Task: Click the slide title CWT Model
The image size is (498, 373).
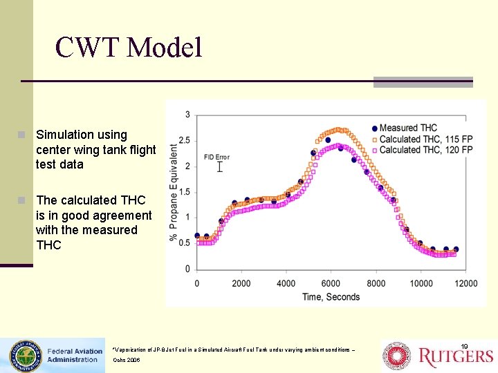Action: (129, 48)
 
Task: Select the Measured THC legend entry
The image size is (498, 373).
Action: (408, 128)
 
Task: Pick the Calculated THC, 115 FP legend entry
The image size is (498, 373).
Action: (425, 139)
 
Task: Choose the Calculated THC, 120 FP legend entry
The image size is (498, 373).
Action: (425, 150)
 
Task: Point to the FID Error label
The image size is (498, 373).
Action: (216, 157)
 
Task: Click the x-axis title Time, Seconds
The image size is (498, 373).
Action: (331, 297)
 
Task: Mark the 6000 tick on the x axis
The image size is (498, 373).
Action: (331, 283)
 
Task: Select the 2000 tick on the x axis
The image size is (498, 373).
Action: (241, 283)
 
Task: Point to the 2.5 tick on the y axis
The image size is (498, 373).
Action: (184, 140)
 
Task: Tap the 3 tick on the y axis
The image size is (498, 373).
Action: (188, 115)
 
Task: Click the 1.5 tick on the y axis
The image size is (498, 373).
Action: (184, 192)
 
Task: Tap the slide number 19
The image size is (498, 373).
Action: (465, 345)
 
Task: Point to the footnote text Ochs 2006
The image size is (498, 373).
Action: (127, 361)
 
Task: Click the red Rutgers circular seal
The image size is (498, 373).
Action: (398, 356)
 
